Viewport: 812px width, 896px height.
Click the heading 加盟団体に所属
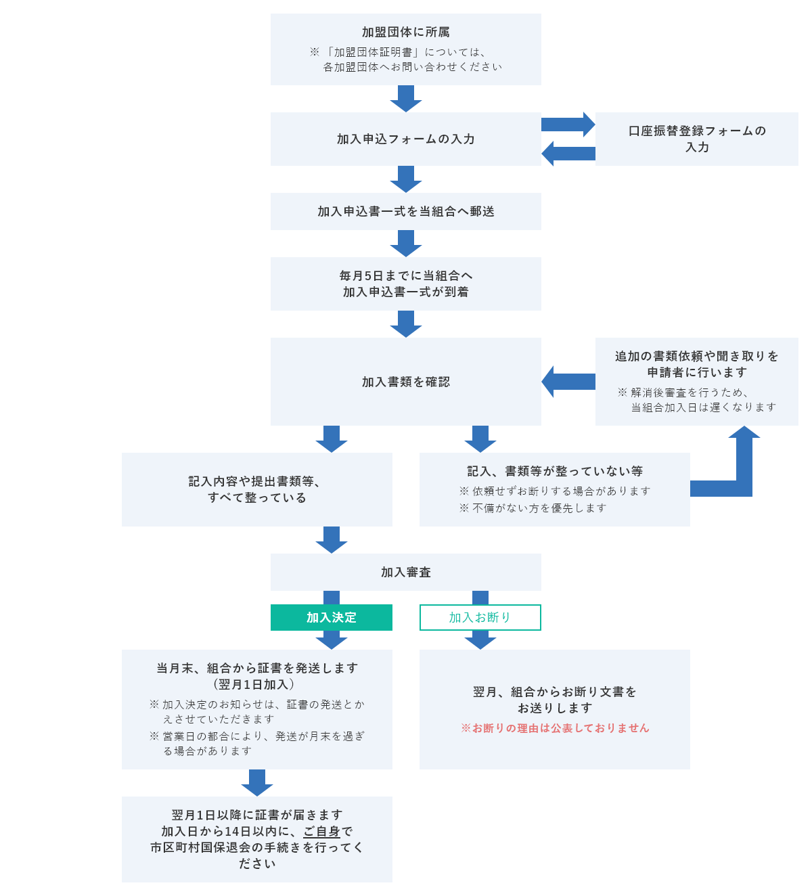[405, 32]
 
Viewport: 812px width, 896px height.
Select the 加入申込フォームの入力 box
[405, 139]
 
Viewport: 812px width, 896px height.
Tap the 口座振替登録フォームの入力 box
[696, 139]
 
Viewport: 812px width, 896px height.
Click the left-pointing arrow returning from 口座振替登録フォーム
[568, 154]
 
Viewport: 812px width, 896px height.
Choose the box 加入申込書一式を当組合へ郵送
[405, 211]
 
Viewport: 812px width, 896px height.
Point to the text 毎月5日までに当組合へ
[405, 275]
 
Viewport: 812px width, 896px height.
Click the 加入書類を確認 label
[405, 382]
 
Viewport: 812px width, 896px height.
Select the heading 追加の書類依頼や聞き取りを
[696, 356]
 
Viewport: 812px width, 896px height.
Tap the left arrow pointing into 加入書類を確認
[568, 382]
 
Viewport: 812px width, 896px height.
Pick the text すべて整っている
[257, 497]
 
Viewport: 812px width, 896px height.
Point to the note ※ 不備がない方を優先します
[533, 508]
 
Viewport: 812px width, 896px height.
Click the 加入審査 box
[405, 572]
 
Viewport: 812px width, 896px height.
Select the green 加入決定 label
[331, 617]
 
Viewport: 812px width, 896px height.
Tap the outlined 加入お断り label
[480, 617]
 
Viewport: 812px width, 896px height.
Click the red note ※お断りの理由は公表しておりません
[555, 728]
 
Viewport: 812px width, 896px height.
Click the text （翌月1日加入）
[257, 684]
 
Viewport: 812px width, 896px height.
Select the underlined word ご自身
[321, 831]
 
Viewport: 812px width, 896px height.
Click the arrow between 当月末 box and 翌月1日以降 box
[257, 782]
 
